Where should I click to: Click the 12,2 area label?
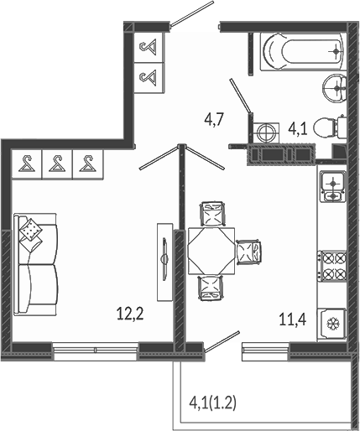pos(130,314)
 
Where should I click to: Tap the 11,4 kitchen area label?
pos(293,319)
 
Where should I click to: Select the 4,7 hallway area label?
pos(213,121)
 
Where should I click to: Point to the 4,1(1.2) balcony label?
pos(213,403)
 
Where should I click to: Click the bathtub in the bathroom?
pos(304,52)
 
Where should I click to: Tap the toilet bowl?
pos(330,127)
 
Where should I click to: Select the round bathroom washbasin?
pos(335,88)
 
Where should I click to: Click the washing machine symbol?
pos(265,132)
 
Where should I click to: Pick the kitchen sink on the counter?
pos(332,187)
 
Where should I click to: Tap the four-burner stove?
pos(331,266)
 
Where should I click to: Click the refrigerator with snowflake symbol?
pos(332,325)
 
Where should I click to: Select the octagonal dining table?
pos(211,251)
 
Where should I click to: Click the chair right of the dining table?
pos(248,252)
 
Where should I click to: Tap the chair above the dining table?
pos(212,214)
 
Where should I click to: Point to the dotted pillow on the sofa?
pos(30,230)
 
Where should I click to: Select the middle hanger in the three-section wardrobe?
pos(57,164)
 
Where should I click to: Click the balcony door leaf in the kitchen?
pos(222,341)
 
